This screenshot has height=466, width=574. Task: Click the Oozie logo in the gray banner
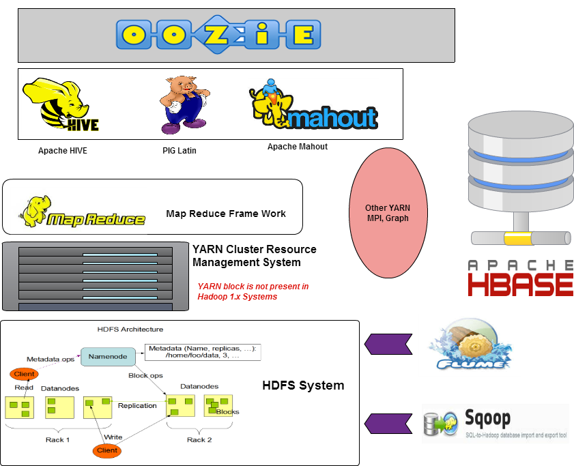point(218,33)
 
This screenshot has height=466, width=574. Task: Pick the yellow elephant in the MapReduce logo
point(34,212)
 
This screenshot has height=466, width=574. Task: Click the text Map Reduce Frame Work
point(226,214)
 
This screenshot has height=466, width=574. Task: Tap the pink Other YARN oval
point(388,213)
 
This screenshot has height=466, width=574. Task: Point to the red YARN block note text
point(253,291)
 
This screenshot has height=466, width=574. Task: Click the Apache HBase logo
point(520,278)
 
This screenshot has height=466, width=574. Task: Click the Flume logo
point(470,345)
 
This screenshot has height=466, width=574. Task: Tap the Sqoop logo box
point(495,424)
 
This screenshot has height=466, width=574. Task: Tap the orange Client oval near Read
point(24,374)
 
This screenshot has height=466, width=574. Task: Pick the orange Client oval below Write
point(107,450)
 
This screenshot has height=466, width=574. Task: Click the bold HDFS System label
point(303,385)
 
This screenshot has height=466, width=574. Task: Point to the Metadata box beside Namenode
point(203,352)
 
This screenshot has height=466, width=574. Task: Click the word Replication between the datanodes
point(137,405)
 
